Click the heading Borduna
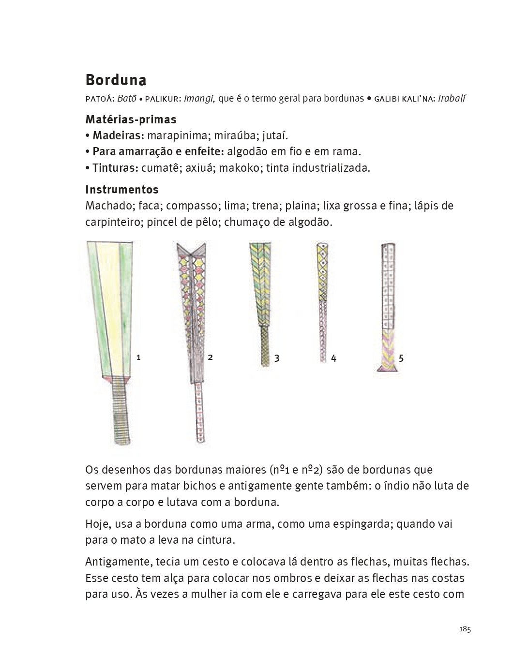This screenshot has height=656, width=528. tap(116, 80)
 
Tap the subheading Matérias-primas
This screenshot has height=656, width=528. tap(131, 119)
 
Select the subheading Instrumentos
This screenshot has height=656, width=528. tap(122, 189)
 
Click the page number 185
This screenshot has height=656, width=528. tap(465, 629)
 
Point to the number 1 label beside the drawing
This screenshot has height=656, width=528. tap(138, 358)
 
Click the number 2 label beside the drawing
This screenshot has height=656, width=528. tap(210, 358)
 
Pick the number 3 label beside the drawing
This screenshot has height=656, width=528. tap(276, 358)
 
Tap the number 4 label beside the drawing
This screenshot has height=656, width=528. tap(333, 358)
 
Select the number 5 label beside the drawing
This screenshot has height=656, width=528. tap(401, 358)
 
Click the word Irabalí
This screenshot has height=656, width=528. tap(452, 99)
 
